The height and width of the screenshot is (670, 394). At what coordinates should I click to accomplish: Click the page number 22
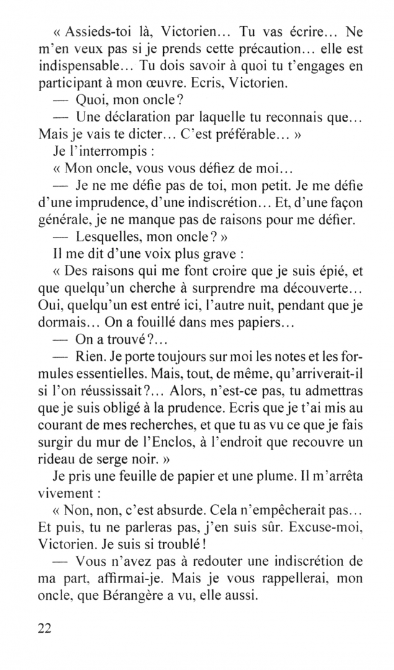(x=43, y=628)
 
